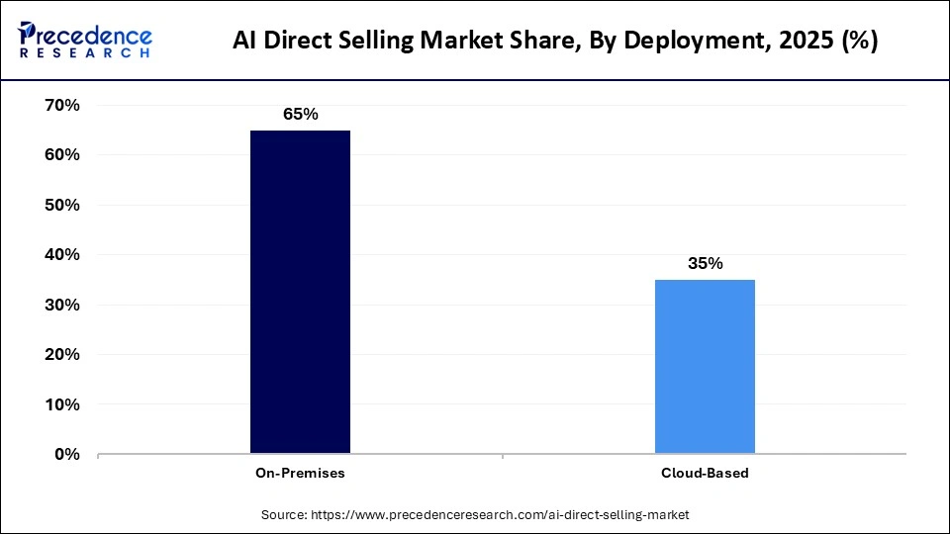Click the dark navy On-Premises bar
pyautogui.click(x=300, y=292)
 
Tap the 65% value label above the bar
pyautogui.click(x=300, y=114)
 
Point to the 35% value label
pyautogui.click(x=705, y=263)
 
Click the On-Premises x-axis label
pyautogui.click(x=300, y=473)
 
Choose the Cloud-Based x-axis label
pyautogui.click(x=705, y=473)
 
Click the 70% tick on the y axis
pyautogui.click(x=62, y=105)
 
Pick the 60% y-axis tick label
pyautogui.click(x=62, y=155)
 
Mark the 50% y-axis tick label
pyautogui.click(x=62, y=205)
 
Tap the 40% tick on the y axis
pyautogui.click(x=62, y=255)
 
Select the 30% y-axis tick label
pyautogui.click(x=62, y=305)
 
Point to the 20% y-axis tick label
pyautogui.click(x=62, y=354)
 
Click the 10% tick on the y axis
pyautogui.click(x=62, y=404)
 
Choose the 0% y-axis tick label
pyautogui.click(x=67, y=454)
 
